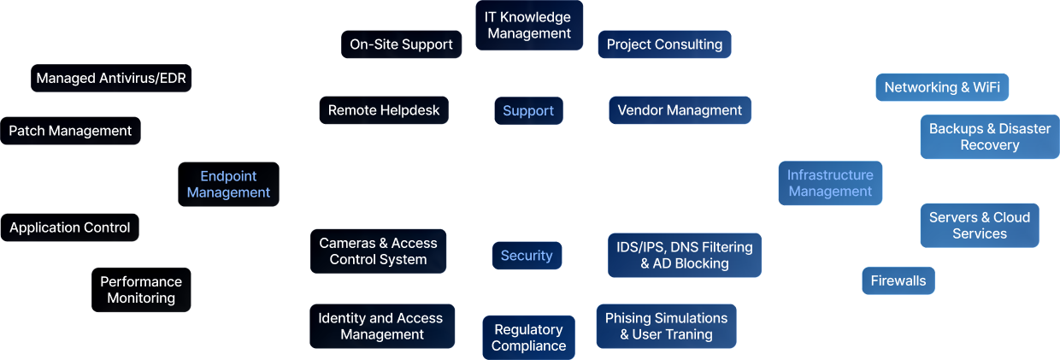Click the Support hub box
point(528,110)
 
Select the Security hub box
point(527,255)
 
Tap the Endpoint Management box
point(228,184)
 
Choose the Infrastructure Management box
point(830,183)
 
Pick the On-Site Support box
point(401,44)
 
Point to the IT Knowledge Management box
point(528,25)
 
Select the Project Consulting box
point(664,44)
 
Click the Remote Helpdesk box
point(384,110)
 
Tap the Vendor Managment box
point(680,110)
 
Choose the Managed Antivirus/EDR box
point(112,79)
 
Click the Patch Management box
point(70,131)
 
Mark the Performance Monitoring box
point(141,290)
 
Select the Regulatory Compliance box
point(528,338)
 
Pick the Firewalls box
point(898,280)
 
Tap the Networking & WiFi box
point(942,87)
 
